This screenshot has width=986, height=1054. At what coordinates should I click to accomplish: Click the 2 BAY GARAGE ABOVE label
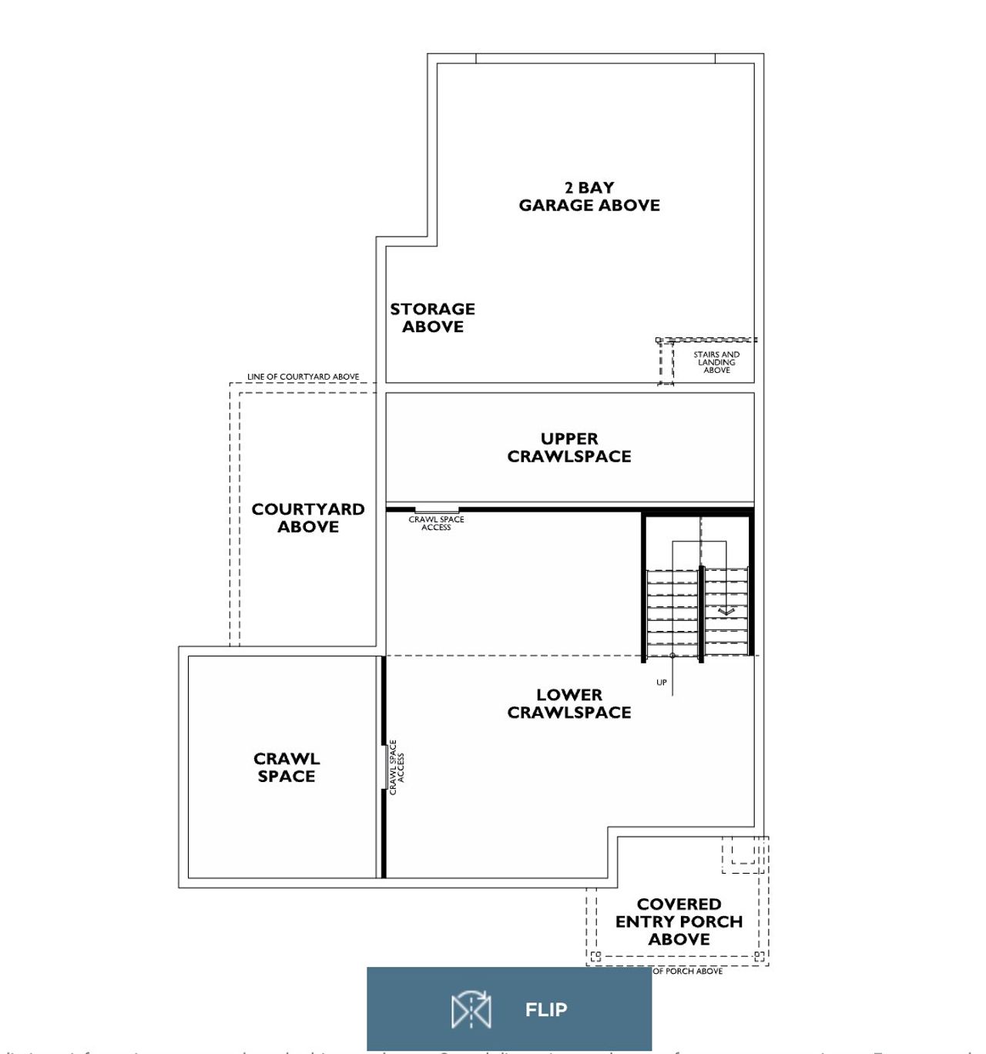[589, 196]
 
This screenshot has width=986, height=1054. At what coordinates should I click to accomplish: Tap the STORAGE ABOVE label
[432, 317]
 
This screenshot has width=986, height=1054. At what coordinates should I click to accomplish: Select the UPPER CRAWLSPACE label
[569, 448]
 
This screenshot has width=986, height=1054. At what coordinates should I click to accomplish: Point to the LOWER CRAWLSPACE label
[569, 703]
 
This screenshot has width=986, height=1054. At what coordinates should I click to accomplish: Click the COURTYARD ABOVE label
[308, 518]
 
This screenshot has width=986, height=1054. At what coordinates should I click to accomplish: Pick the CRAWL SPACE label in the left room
[287, 767]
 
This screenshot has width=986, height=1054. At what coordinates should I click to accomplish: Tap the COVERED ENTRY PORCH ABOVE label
[679, 921]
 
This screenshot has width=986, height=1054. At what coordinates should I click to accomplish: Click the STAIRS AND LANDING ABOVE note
[716, 362]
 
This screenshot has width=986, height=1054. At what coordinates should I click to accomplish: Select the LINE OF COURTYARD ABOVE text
[303, 377]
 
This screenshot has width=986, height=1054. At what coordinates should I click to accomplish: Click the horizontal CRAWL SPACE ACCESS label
[436, 523]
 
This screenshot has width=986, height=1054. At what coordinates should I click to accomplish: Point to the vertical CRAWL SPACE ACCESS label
[396, 767]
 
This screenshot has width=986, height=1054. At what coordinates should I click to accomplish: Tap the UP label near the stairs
[662, 683]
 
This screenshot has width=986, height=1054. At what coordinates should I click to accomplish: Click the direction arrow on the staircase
[726, 611]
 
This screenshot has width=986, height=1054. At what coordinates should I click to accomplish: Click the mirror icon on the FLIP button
[471, 1009]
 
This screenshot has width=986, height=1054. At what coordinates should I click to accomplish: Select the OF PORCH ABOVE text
[688, 972]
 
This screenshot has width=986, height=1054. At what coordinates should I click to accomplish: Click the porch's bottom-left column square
[595, 957]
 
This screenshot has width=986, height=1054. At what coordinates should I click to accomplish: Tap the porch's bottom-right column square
[759, 957]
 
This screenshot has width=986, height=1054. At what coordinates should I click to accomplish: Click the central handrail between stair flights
[701, 613]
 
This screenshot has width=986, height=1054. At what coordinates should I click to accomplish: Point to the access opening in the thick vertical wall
[384, 767]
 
